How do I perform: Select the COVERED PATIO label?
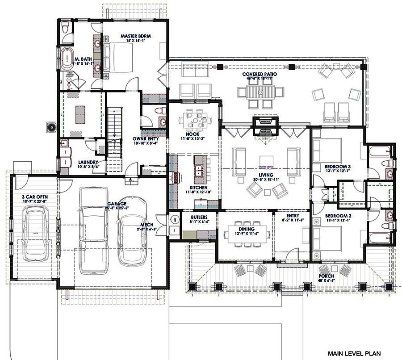click(x=257, y=74)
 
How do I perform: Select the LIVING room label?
click(x=265, y=175)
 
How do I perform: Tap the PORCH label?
click(x=327, y=276)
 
